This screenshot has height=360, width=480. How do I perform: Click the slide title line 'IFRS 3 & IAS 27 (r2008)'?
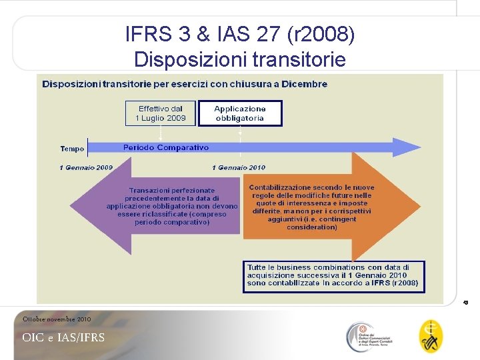(x=239, y=34)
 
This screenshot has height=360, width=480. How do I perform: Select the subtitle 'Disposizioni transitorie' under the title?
(x=239, y=59)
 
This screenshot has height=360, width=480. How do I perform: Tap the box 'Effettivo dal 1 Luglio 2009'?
(x=161, y=113)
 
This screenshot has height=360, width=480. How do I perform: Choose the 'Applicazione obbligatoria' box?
(x=239, y=113)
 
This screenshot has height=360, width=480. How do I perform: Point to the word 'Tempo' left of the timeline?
(x=72, y=149)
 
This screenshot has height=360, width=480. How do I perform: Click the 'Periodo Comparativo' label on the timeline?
(x=165, y=147)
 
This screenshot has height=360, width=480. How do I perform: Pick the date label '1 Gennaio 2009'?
(x=86, y=167)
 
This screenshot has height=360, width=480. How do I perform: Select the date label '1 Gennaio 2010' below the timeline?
(x=238, y=167)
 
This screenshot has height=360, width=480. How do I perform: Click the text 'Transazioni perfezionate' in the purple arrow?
(x=172, y=190)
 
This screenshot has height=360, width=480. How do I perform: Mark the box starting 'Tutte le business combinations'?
(x=333, y=275)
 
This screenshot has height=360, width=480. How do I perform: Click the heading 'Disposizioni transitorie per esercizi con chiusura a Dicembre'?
(x=185, y=84)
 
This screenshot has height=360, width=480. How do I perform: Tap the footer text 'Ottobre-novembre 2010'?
(x=57, y=319)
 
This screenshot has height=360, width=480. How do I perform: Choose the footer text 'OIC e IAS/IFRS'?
(x=63, y=337)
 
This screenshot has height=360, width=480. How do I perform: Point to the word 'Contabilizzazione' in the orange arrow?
(x=280, y=187)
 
